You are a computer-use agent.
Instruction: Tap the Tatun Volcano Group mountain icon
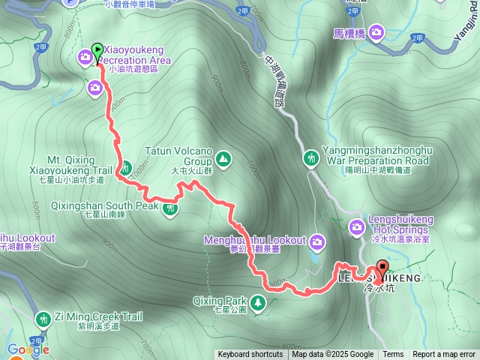[223, 159]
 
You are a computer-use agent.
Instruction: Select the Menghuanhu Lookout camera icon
[317, 241]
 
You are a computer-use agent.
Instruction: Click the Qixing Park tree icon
[259, 301]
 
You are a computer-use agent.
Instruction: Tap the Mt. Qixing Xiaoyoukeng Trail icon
[126, 166]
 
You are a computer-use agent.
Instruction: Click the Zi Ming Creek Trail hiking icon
[43, 319]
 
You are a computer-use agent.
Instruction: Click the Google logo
[28, 349]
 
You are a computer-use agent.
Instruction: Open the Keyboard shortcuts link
[250, 355]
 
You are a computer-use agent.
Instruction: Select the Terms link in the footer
[393, 355]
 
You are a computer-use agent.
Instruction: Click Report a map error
[443, 355]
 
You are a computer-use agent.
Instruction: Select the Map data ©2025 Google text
[332, 355]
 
